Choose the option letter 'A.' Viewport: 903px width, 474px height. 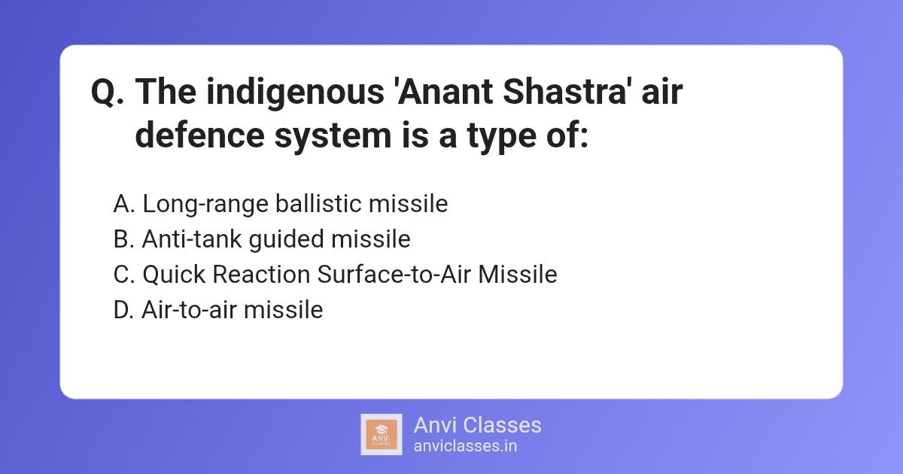(124, 204)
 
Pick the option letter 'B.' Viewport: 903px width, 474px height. (124, 239)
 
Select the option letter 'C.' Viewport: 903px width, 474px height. (124, 275)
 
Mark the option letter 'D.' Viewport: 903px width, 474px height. (124, 310)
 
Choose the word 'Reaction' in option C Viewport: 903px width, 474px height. (262, 275)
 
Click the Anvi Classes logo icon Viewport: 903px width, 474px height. (382, 434)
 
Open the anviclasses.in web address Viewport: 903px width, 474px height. (464, 446)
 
